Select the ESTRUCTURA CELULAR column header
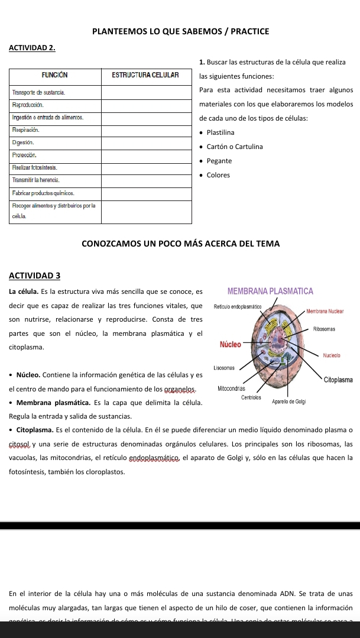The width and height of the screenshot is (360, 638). [145, 75]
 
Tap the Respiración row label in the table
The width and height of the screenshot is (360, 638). [25, 128]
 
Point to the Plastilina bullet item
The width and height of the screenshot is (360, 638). [221, 132]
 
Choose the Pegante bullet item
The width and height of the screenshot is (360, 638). [219, 161]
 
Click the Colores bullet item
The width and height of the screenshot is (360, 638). [218, 175]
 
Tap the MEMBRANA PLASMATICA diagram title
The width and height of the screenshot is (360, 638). [270, 292]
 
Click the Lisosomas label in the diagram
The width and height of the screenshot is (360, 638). [225, 367]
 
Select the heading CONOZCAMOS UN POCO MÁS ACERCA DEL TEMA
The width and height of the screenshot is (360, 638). [180, 244]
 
